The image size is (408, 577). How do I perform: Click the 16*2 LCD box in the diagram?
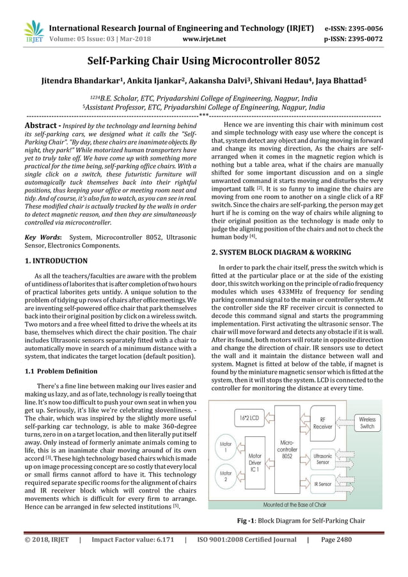point(248,419)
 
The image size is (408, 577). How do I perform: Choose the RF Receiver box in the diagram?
point(322,423)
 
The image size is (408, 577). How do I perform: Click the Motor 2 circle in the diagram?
point(226,477)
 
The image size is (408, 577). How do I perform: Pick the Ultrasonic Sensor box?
point(322,458)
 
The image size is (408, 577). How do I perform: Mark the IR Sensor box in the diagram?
point(322,485)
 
